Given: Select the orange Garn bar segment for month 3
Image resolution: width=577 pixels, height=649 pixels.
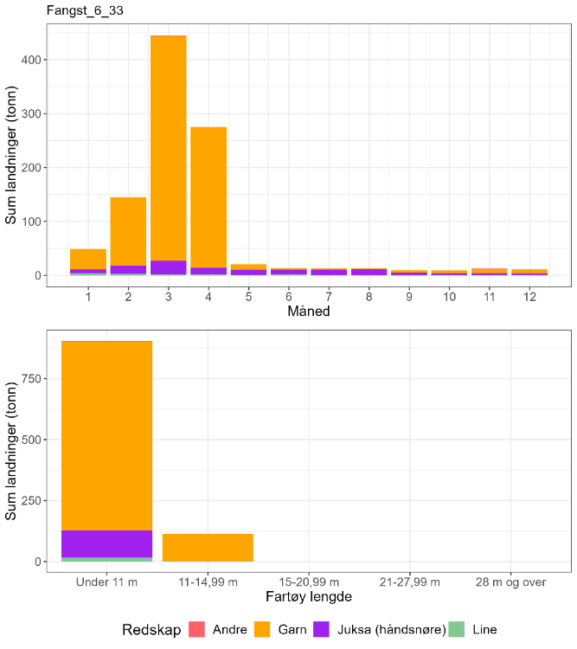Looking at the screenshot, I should [168, 147].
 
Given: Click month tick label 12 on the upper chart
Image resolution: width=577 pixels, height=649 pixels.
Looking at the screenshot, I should [529, 297].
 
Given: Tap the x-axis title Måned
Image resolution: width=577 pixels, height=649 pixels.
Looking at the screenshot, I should [308, 312].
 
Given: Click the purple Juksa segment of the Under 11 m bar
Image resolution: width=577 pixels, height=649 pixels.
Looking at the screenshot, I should [107, 544].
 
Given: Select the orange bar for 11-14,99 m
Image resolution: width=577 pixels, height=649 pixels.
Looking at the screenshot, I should [208, 547].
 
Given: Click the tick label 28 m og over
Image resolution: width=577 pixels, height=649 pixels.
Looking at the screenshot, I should [510, 582].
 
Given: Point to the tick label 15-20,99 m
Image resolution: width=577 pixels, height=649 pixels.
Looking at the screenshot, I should [309, 582].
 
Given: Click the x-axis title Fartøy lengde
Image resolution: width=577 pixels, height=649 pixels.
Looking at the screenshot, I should [308, 597].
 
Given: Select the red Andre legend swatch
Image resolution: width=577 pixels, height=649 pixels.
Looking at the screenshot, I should [200, 630].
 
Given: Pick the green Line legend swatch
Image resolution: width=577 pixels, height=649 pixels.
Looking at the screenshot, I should [458, 630].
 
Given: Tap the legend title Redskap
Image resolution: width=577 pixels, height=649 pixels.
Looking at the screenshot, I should [151, 630].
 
